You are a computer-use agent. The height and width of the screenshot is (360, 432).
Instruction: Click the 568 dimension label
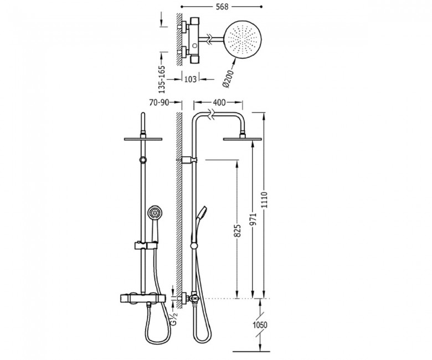pos(222,7)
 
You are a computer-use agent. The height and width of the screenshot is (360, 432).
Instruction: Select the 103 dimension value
pos(191,79)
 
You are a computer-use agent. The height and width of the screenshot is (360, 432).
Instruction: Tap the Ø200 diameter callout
pos(228,79)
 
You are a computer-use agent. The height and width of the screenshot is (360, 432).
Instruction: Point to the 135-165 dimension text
pos(162,79)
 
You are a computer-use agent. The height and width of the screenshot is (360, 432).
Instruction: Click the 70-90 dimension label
pos(159,102)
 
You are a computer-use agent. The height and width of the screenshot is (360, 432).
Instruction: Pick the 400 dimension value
pos(219,102)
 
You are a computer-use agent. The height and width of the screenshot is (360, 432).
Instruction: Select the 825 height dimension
pos(238,230)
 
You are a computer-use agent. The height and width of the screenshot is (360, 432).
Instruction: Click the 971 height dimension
pos(253,219)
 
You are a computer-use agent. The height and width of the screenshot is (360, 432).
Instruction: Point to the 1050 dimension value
pos(260,325)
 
